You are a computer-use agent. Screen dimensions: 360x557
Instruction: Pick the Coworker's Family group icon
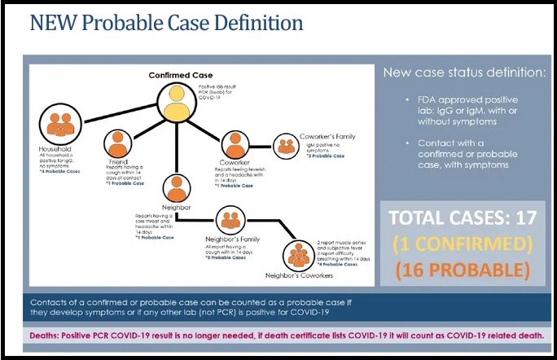tap(285, 145)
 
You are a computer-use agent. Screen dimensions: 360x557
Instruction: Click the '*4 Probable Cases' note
tap(340, 265)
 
